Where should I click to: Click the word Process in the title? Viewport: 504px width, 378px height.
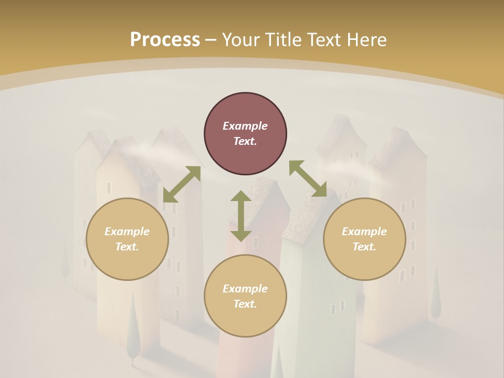[x=165, y=40]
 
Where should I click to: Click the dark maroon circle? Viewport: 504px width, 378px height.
[x=245, y=134]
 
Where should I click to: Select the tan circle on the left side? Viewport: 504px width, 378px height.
[x=127, y=239]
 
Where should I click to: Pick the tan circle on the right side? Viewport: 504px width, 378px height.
[x=364, y=239]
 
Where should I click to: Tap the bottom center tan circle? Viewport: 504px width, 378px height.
[x=245, y=296]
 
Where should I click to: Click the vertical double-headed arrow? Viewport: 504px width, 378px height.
[x=241, y=216]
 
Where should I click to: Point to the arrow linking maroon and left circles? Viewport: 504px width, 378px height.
[x=182, y=184]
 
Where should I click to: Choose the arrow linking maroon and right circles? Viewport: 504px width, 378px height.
[x=308, y=178]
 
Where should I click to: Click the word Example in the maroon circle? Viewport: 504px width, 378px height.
[x=245, y=126]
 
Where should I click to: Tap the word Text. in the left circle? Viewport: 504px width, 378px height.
[x=127, y=247]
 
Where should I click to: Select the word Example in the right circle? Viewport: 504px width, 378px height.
[x=364, y=232]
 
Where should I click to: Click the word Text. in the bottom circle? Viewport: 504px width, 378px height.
[x=245, y=304]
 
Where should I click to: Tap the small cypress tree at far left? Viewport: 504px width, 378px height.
[x=66, y=260]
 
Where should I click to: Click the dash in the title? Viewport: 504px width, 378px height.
[x=211, y=40]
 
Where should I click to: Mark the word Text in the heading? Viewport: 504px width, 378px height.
[x=323, y=40]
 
